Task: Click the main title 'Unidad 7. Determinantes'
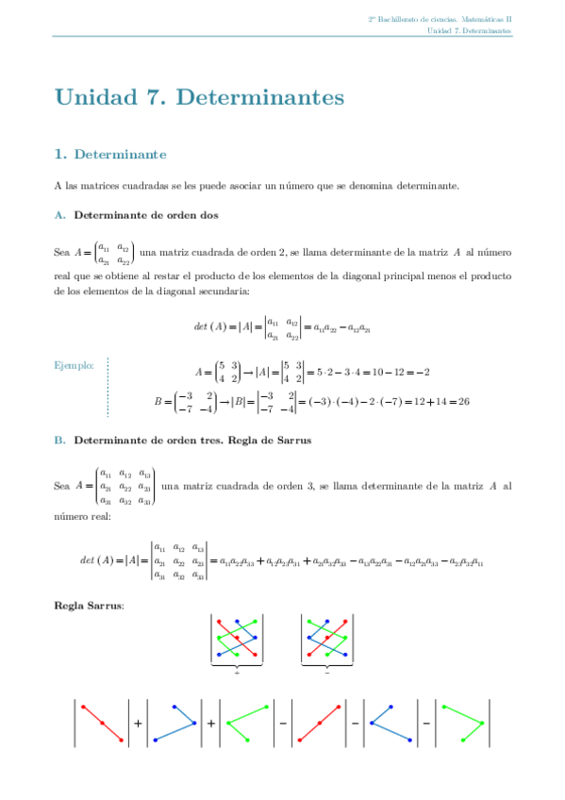click(199, 97)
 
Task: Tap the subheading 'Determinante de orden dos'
click(146, 215)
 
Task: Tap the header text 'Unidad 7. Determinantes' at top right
click(469, 30)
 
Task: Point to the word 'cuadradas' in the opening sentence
click(127, 186)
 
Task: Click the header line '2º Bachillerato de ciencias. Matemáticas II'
click(440, 19)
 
